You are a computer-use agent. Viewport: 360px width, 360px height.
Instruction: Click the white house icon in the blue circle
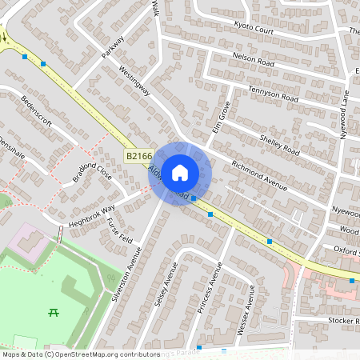180,172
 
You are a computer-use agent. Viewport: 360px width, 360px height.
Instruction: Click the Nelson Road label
253,62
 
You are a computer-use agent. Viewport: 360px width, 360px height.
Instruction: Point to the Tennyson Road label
272,95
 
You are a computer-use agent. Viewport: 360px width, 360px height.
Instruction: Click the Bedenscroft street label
37,111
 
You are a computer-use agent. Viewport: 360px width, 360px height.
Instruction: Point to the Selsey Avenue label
170,286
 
